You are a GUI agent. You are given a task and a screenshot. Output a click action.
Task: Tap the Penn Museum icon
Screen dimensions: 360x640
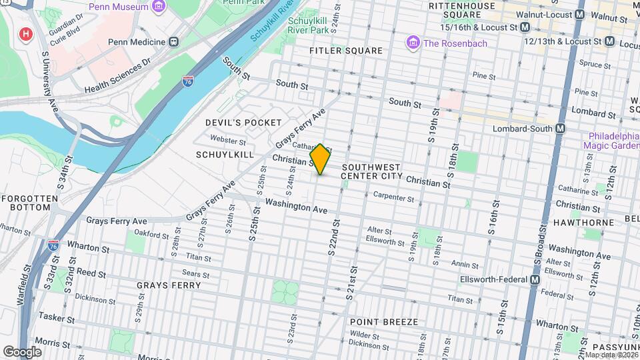click(x=158, y=7)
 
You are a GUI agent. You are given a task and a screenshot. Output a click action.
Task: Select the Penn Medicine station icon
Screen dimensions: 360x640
click(x=174, y=42)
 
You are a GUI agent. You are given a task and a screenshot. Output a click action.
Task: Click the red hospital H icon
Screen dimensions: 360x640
click(x=26, y=33)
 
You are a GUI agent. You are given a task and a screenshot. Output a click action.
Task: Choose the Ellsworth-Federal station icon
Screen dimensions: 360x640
click(x=535, y=281)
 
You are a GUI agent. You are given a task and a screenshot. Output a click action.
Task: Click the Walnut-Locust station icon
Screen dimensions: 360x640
click(x=579, y=14)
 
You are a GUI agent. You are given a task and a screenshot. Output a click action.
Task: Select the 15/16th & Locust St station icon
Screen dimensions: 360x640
click(x=525, y=27)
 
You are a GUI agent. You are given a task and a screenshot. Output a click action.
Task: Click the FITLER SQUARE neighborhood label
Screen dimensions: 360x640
click(x=346, y=51)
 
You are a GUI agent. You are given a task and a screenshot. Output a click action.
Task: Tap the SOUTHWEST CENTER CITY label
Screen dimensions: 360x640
click(x=371, y=171)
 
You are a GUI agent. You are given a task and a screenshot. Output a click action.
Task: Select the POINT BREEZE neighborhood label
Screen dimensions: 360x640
click(x=384, y=322)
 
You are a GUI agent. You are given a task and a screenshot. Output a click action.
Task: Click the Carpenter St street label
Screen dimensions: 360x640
click(x=394, y=198)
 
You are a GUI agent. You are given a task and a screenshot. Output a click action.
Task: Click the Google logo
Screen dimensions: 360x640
click(x=22, y=351)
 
